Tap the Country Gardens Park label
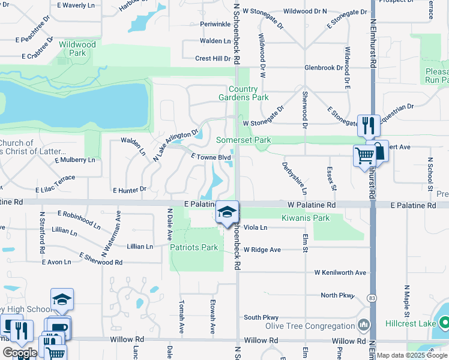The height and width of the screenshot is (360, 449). pyautogui.click(x=243, y=93)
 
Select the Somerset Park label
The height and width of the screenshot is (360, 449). pyautogui.click(x=243, y=140)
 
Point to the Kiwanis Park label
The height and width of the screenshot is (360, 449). pyautogui.click(x=306, y=218)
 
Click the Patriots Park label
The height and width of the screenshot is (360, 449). pyautogui.click(x=193, y=247)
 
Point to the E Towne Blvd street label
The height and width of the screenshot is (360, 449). pyautogui.click(x=211, y=157)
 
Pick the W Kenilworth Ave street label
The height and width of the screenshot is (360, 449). pyautogui.click(x=340, y=272)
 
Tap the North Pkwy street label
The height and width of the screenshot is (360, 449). pyautogui.click(x=338, y=295)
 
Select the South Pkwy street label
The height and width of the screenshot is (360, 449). pyautogui.click(x=261, y=317)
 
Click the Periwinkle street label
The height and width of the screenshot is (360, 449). pyautogui.click(x=215, y=24)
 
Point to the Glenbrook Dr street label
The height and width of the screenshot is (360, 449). pyautogui.click(x=323, y=68)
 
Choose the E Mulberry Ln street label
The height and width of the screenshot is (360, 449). pyautogui.click(x=74, y=160)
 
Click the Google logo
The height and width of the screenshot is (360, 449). pyautogui.click(x=20, y=353)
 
